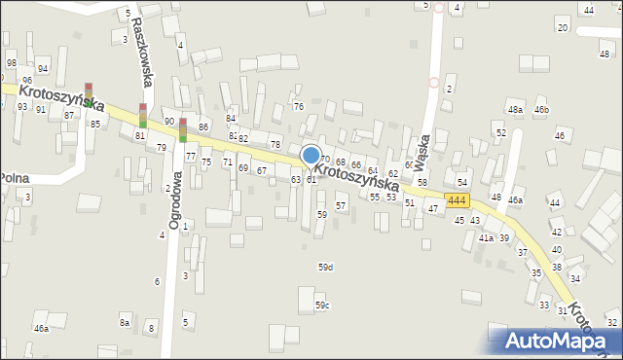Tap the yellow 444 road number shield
458,200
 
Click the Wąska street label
425,150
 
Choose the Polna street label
13,178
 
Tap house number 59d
325,267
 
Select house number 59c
322,306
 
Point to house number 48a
515,111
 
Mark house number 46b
541,111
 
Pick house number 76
299,106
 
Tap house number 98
12,63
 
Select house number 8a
125,322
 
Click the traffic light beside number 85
89,94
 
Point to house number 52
501,132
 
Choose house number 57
341,206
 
